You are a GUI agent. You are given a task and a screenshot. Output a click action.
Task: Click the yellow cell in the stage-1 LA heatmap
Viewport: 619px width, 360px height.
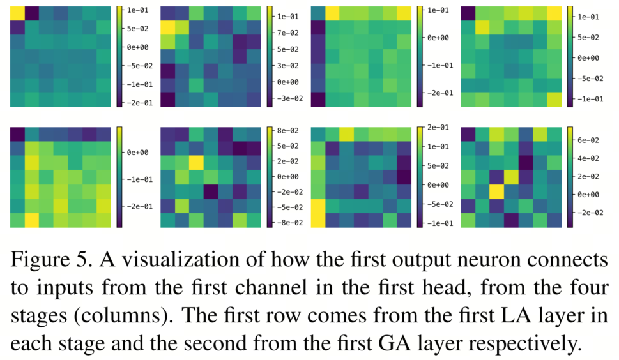[17, 13]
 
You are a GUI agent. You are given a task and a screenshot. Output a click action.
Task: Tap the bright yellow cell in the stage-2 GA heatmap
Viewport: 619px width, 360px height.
[195, 162]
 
